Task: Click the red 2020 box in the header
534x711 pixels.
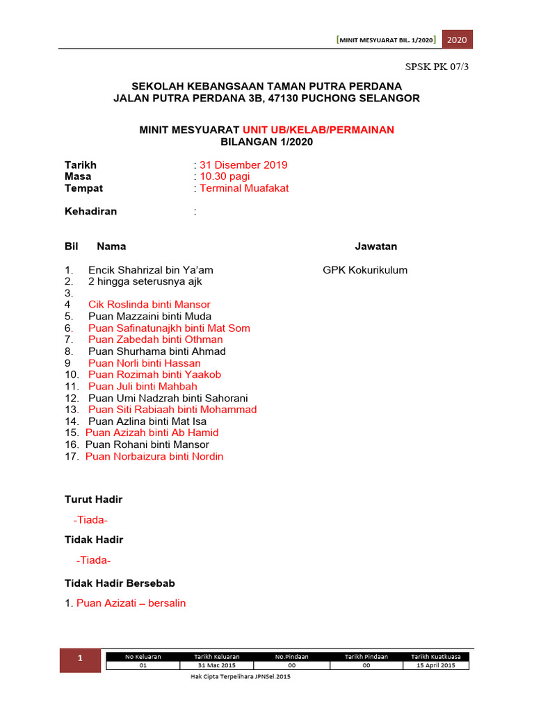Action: pos(457,40)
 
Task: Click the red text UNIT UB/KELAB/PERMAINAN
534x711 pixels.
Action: pos(318,130)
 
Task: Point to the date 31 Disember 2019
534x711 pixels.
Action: pos(243,165)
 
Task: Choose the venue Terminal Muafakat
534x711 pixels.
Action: pos(244,188)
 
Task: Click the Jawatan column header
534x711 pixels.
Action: pos(376,246)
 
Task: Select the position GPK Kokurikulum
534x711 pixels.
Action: pos(365,270)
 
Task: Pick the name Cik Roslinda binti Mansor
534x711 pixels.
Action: pos(149,305)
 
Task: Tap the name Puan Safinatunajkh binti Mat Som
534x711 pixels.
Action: pos(169,328)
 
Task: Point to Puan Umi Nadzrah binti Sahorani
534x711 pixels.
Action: pos(168,399)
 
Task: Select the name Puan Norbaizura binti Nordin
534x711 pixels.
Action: pos(154,456)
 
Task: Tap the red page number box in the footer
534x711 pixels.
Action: pos(79,660)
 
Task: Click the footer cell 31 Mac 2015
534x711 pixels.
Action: pos(217,665)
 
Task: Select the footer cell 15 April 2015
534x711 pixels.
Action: pos(435,665)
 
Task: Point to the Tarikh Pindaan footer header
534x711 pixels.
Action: pos(366,656)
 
